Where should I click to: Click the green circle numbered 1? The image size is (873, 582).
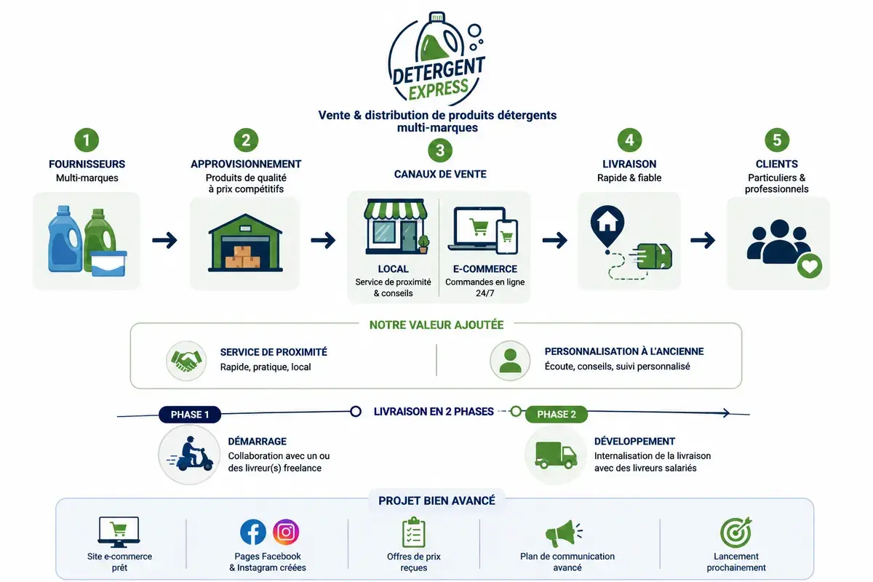point(87,140)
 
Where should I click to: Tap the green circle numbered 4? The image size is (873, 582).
point(629,140)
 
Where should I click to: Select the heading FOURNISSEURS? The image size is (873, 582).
point(87,164)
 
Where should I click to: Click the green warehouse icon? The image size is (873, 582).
point(246,242)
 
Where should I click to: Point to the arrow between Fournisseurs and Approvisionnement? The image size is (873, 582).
point(164,240)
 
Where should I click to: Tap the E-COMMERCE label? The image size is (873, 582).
point(485,269)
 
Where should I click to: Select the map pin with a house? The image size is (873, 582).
point(607,226)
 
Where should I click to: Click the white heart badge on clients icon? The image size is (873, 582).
point(810,266)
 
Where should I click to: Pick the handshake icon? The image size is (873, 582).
point(186,361)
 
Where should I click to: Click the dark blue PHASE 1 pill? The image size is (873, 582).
point(190,415)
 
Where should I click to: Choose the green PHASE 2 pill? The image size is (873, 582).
point(556,415)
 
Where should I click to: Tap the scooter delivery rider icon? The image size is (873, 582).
point(190,454)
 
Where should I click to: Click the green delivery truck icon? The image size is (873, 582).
point(556,455)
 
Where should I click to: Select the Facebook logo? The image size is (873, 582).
point(253,532)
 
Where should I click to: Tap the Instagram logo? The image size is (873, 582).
point(286,532)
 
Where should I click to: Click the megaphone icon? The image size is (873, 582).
point(563,533)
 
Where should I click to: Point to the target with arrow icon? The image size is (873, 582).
point(736,533)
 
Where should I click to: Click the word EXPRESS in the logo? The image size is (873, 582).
point(438,89)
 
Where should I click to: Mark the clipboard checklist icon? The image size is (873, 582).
point(413,532)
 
